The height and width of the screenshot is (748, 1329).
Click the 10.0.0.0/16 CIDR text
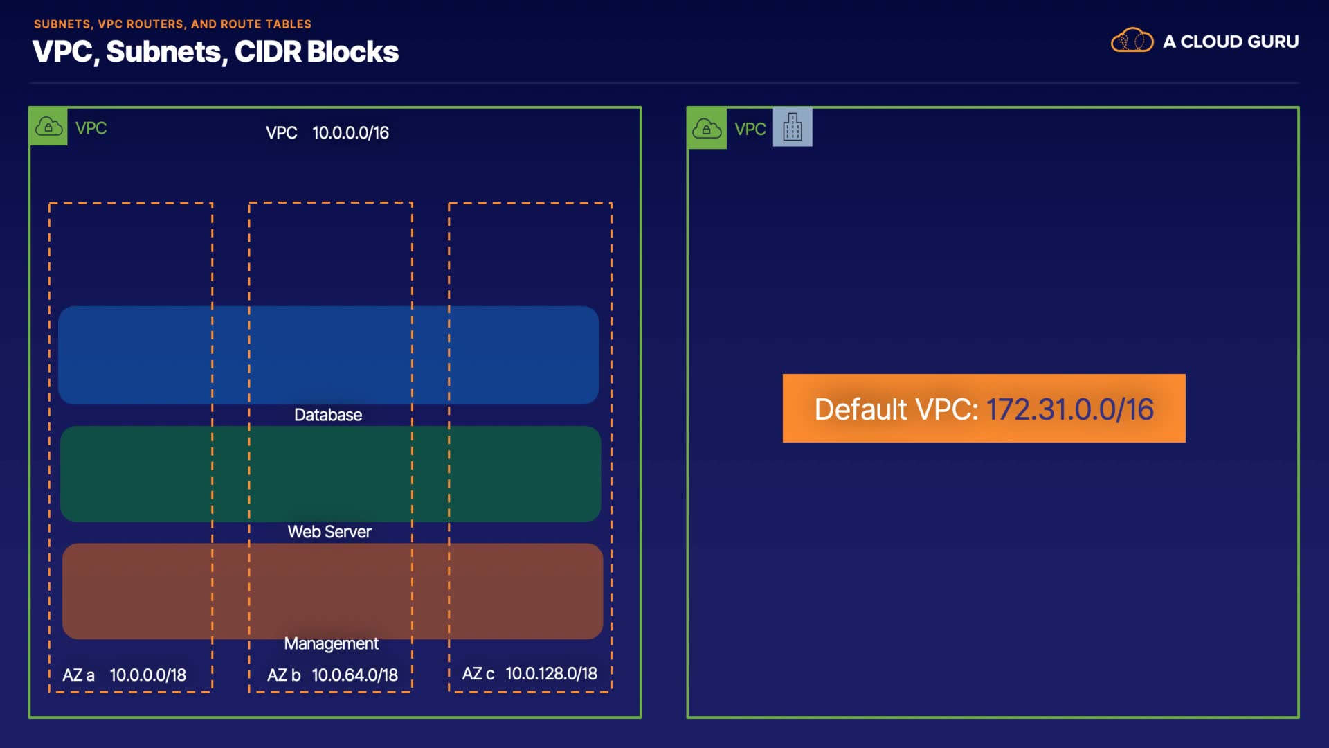[350, 133]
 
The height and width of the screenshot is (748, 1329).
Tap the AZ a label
[78, 675]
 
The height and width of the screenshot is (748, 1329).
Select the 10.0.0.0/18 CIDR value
[148, 675]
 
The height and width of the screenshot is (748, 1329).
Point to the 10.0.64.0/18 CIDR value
[354, 675]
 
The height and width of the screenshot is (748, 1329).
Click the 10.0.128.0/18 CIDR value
[551, 674]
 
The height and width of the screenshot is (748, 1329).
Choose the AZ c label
[478, 674]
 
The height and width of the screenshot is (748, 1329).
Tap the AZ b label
[284, 675]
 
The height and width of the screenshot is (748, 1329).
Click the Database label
[328, 415]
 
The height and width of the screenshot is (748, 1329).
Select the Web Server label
[329, 532]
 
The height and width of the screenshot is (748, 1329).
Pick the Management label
[331, 643]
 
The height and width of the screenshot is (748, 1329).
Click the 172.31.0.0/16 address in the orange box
[1069, 409]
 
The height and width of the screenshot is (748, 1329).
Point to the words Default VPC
[896, 409]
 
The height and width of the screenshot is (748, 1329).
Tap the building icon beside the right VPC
[793, 127]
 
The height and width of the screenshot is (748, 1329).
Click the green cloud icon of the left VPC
[48, 127]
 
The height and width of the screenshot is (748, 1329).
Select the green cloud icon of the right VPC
[707, 128]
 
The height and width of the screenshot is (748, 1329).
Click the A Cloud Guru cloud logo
[1132, 41]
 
